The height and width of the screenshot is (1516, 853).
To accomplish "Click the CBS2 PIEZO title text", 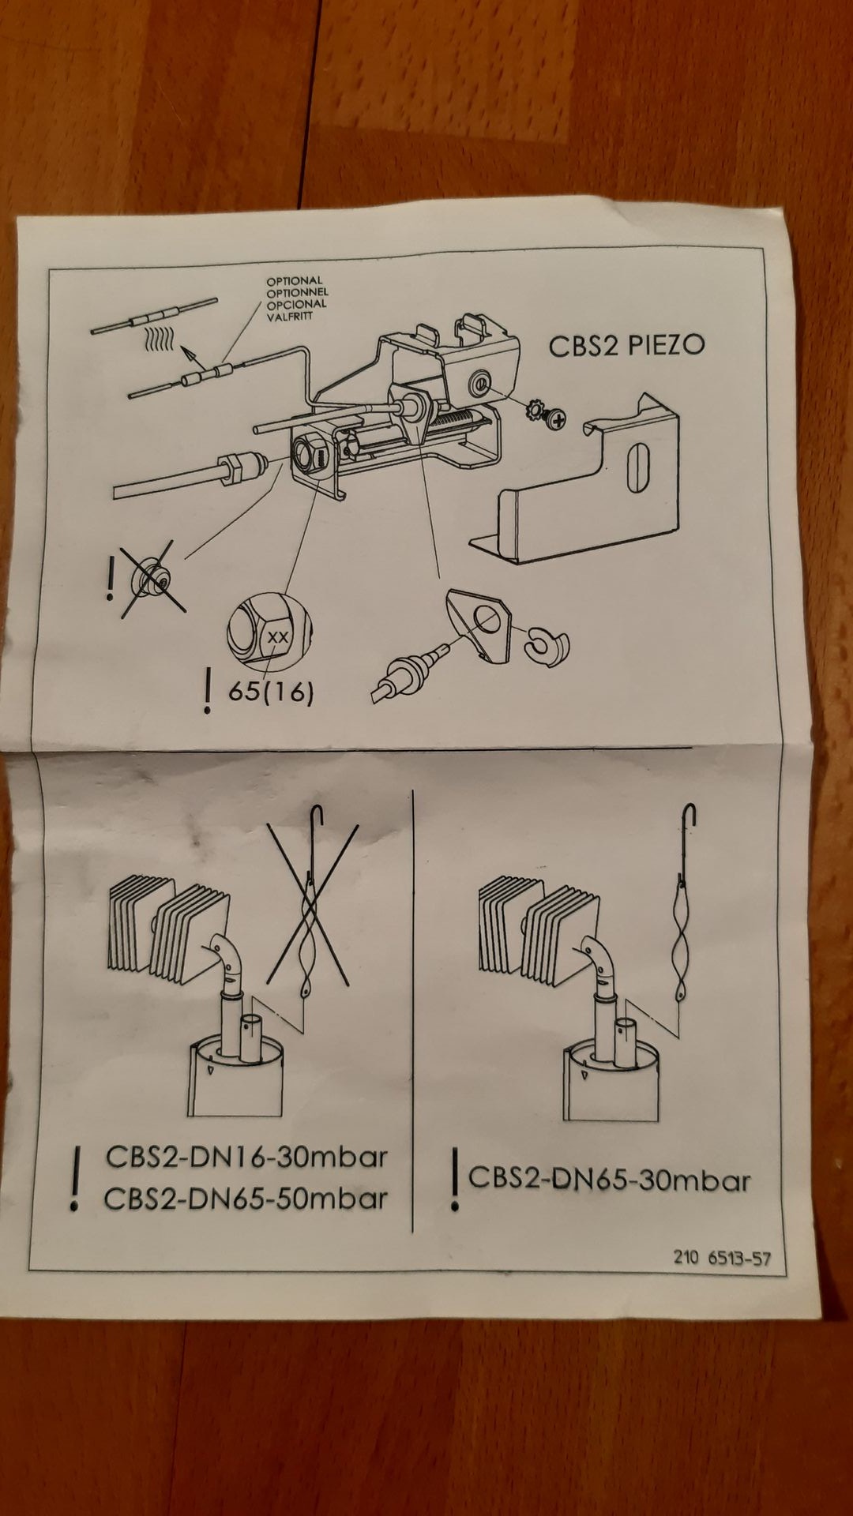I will point(626,345).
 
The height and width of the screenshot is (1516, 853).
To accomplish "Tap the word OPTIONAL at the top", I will point(294,280).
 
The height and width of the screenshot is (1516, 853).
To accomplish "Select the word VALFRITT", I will point(290,316).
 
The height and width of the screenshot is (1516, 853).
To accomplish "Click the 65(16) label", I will point(271,692).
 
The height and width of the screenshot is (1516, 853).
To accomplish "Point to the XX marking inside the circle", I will point(277,636).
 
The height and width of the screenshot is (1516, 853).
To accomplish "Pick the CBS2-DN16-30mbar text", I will point(246,1158).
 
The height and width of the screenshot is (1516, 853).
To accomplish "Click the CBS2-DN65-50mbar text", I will point(246,1199).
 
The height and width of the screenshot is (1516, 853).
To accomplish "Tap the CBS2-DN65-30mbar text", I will point(609,1180).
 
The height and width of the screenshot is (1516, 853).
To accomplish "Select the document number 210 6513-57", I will point(722,1257).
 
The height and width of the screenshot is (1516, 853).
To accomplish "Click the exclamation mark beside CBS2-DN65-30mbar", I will point(454,1180).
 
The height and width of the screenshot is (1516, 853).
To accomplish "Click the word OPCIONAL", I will point(296,304).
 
